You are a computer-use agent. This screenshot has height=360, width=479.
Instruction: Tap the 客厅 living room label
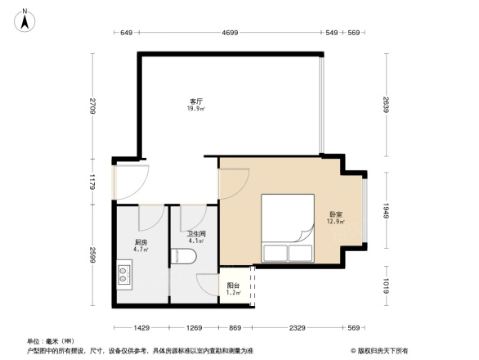[197, 100]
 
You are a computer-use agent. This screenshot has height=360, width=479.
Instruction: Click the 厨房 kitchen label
[141, 243]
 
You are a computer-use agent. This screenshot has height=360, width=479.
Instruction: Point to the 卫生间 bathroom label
[195, 232]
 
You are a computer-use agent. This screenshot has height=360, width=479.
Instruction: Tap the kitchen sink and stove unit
[124, 272]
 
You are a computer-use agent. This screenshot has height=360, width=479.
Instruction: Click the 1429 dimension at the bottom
[141, 328]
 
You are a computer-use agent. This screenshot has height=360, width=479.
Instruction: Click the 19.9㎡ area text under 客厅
[197, 108]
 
